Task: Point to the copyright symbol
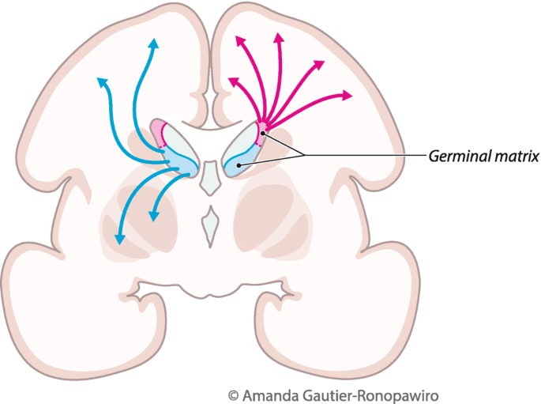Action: click(x=232, y=393)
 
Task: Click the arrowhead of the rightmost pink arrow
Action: click(x=348, y=96)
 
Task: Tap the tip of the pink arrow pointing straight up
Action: click(x=279, y=36)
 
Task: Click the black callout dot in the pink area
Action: click(x=265, y=135)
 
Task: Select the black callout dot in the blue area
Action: click(x=239, y=164)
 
